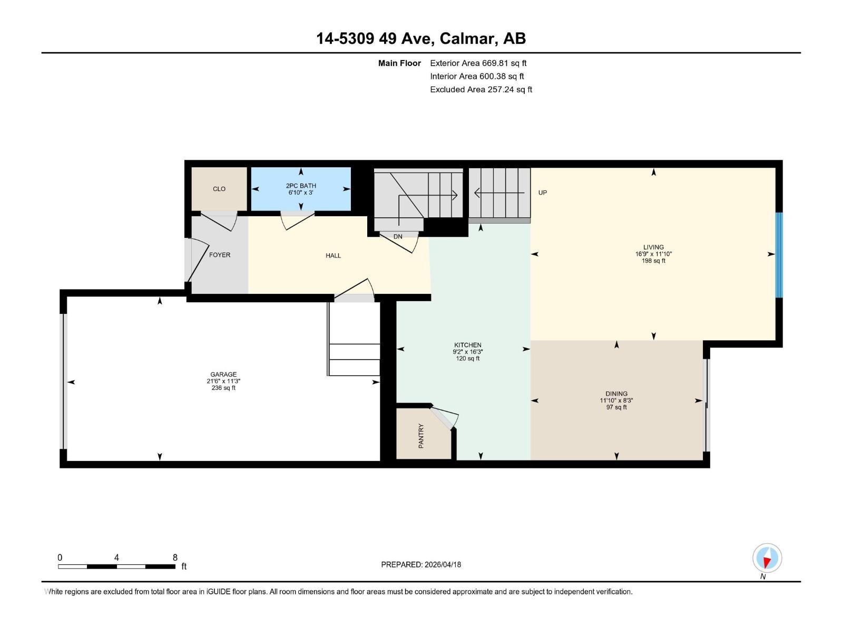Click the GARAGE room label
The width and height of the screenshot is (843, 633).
click(x=223, y=375)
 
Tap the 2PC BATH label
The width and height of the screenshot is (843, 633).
click(x=301, y=186)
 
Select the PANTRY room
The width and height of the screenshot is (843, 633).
click(x=421, y=436)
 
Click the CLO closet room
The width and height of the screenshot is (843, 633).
click(x=219, y=189)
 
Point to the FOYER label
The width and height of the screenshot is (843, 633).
click(x=220, y=255)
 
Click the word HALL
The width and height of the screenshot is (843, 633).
click(x=333, y=256)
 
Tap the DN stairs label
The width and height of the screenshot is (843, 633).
click(x=398, y=236)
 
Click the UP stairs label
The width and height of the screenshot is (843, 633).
click(x=543, y=193)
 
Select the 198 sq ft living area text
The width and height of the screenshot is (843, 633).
click(x=653, y=261)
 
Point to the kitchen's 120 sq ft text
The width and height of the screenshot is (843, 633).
click(x=467, y=359)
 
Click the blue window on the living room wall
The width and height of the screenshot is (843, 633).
click(x=779, y=255)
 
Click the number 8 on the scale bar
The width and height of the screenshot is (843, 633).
click(x=175, y=558)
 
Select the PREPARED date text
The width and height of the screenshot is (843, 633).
click(x=421, y=564)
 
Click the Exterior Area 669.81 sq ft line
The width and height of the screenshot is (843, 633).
click(x=478, y=63)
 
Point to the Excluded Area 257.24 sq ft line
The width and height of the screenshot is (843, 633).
click(x=481, y=90)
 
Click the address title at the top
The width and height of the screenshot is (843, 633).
click(x=420, y=39)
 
